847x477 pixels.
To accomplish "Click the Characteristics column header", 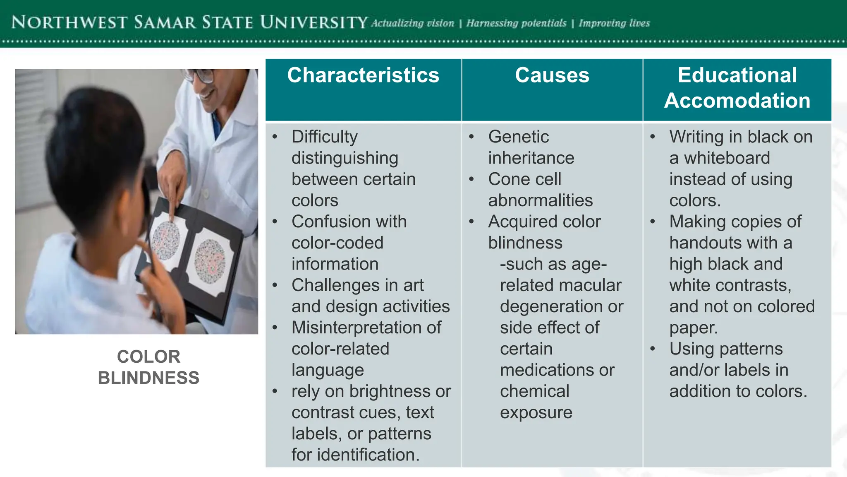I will pyautogui.click(x=363, y=76).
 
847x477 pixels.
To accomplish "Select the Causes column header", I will pyautogui.click(x=552, y=76).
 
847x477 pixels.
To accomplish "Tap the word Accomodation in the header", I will pyautogui.click(x=737, y=101).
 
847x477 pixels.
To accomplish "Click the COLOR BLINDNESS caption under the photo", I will pyautogui.click(x=148, y=367).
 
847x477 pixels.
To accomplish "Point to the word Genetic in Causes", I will pyautogui.click(x=518, y=137).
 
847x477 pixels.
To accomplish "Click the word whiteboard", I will pyautogui.click(x=727, y=158).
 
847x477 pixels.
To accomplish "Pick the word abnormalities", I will pyautogui.click(x=540, y=201).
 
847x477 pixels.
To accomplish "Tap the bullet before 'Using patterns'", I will pyautogui.click(x=652, y=349).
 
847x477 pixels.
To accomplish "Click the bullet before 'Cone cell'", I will pyautogui.click(x=471, y=179).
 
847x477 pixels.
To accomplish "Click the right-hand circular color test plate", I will pyautogui.click(x=210, y=262).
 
